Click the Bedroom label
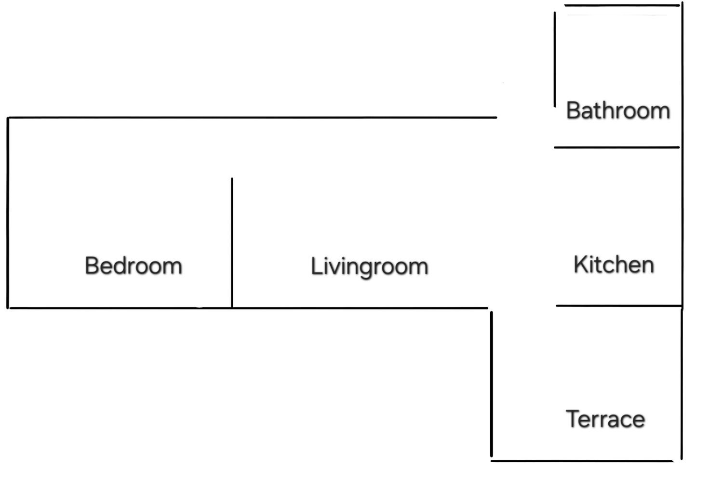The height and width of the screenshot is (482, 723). coord(134,266)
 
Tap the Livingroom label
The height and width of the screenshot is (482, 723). coord(370,267)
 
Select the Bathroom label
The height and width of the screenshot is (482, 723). coord(618,111)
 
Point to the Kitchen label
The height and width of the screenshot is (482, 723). coord(614,265)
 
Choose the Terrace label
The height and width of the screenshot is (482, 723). coord(605,419)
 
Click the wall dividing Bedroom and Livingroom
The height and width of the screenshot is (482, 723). coord(232,242)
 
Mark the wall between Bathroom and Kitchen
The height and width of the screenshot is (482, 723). coord(617,147)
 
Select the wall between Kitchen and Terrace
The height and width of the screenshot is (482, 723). coord(619,306)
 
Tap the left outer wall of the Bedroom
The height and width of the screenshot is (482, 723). coord(8,213)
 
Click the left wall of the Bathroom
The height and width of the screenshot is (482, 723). coord(555,59)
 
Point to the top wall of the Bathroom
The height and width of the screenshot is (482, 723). coord(622,5)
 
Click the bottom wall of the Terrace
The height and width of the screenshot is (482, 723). coord(582,461)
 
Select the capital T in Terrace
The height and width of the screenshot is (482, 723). coord(573,419)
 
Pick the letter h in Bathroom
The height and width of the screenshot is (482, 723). coord(611,110)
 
